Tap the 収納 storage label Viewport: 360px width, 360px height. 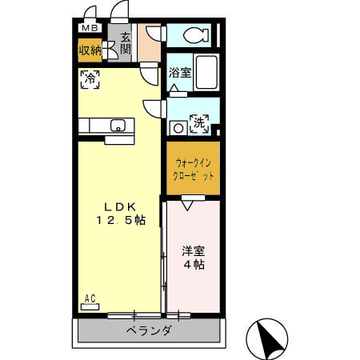pos(90,50)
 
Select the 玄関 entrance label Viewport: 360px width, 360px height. pos(126,43)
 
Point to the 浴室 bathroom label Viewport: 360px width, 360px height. pos(179,72)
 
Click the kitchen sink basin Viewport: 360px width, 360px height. pos(118,125)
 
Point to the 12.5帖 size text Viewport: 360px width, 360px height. pos(121,221)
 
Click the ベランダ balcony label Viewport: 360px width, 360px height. pos(147,330)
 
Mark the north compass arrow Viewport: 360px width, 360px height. pos(269,338)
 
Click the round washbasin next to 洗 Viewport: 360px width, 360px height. pos(176,126)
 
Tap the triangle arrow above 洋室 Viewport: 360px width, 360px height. pos(187,206)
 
